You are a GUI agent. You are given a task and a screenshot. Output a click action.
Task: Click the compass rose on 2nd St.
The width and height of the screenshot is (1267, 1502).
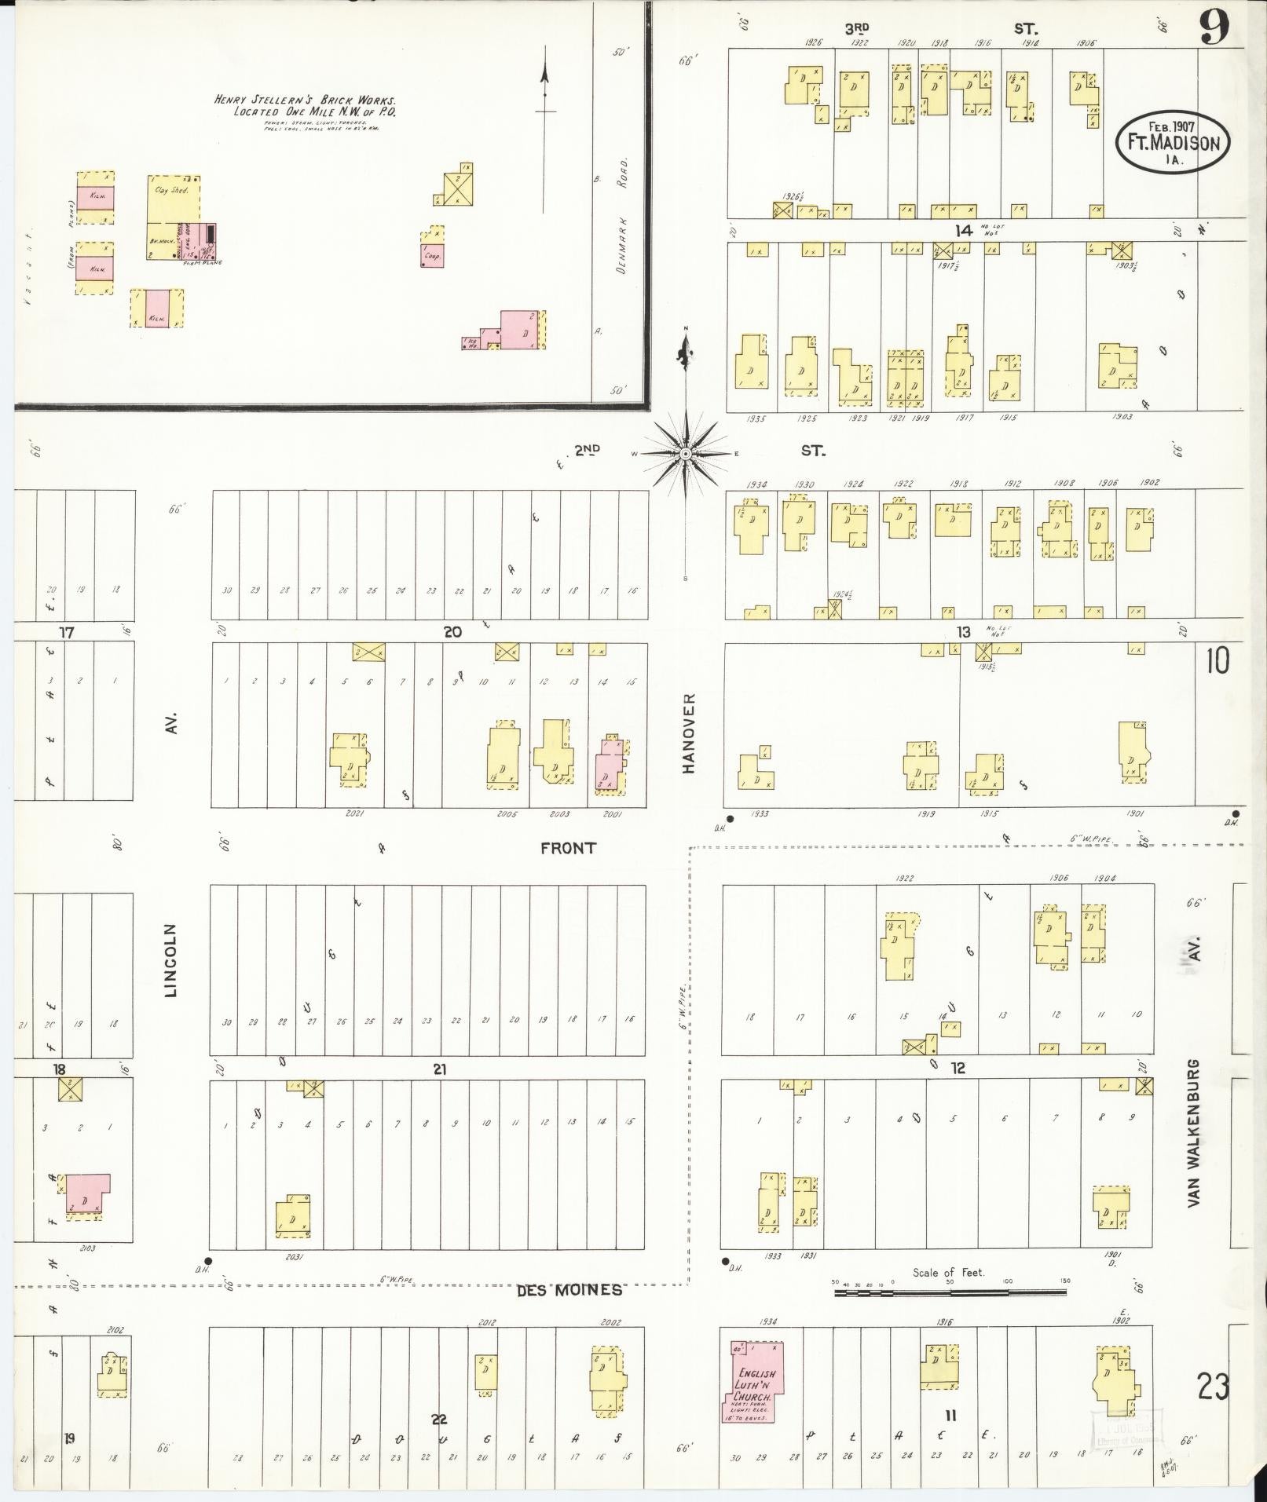[686, 453]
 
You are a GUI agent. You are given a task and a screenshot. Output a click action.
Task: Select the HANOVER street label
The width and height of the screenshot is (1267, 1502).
[689, 733]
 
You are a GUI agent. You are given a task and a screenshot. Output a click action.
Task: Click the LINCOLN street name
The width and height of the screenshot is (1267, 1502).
[172, 959]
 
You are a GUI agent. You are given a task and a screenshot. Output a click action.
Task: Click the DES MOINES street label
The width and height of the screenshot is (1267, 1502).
[569, 1290]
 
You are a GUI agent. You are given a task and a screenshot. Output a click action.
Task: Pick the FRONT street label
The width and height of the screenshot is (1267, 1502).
[568, 848]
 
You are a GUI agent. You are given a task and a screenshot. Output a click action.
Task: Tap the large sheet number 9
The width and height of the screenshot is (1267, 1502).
[1214, 30]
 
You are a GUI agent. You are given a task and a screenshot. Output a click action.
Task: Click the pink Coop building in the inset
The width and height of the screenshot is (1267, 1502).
[432, 255]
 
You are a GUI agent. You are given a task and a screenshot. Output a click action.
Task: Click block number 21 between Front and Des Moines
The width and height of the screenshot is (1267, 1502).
[439, 1069]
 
